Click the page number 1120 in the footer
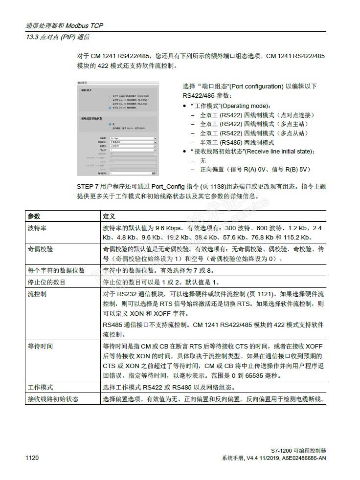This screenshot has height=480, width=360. [32, 458]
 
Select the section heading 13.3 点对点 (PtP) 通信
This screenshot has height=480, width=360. [58, 37]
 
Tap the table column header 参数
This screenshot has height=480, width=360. [34, 216]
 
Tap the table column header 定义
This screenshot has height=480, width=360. [109, 216]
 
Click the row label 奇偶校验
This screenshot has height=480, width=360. [41, 249]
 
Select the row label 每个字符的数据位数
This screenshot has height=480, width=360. [56, 270]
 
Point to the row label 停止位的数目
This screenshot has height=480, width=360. [47, 282]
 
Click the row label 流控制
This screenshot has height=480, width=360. [37, 294]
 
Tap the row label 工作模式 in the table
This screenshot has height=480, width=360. [41, 387]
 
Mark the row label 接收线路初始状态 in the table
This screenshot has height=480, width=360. [53, 399]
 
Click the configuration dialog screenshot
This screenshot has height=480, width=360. [117, 129]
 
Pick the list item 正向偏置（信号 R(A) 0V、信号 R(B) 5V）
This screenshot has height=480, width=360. [256, 170]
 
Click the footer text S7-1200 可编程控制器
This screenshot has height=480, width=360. [298, 451]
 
